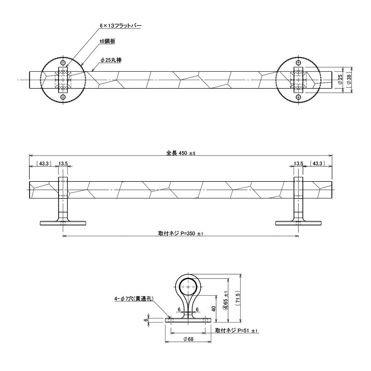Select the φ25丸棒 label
(x=111, y=60)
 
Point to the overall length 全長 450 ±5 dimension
(x=181, y=153)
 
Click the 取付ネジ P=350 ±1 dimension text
(x=181, y=234)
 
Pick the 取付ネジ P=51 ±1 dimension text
(x=237, y=331)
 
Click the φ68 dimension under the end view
(x=188, y=339)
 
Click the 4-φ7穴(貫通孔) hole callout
(x=134, y=299)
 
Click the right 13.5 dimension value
(x=298, y=164)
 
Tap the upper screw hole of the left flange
(x=63, y=63)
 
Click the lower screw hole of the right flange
(x=298, y=97)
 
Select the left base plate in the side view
(x=63, y=223)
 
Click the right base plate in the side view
(x=298, y=223)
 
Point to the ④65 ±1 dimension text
(x=226, y=300)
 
